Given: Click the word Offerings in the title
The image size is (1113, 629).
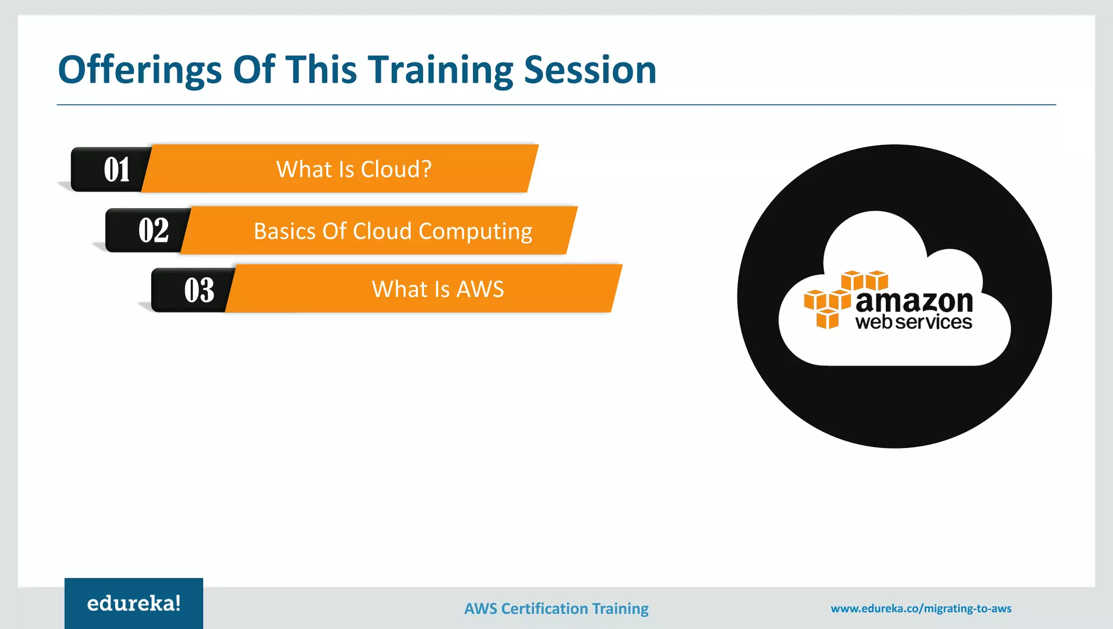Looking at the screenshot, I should (x=140, y=71).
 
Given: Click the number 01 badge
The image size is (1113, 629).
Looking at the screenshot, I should (x=116, y=170).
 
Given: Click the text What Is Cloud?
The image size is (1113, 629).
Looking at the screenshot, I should (x=353, y=169).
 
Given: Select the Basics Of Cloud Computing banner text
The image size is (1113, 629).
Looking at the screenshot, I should (x=392, y=231).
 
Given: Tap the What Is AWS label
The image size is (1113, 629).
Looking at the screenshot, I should (x=437, y=289).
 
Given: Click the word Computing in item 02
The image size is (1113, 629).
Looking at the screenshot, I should (x=475, y=232).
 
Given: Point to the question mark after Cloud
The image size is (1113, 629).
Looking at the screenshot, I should (x=426, y=169).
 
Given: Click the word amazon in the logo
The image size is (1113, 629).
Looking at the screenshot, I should (x=914, y=302).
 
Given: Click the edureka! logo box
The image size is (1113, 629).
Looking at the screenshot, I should (x=134, y=603).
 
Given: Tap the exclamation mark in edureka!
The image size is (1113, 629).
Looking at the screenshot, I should (x=177, y=602).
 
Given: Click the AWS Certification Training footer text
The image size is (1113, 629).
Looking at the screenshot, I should (x=556, y=608).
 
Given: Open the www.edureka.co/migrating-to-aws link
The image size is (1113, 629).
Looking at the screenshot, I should (x=921, y=608).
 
